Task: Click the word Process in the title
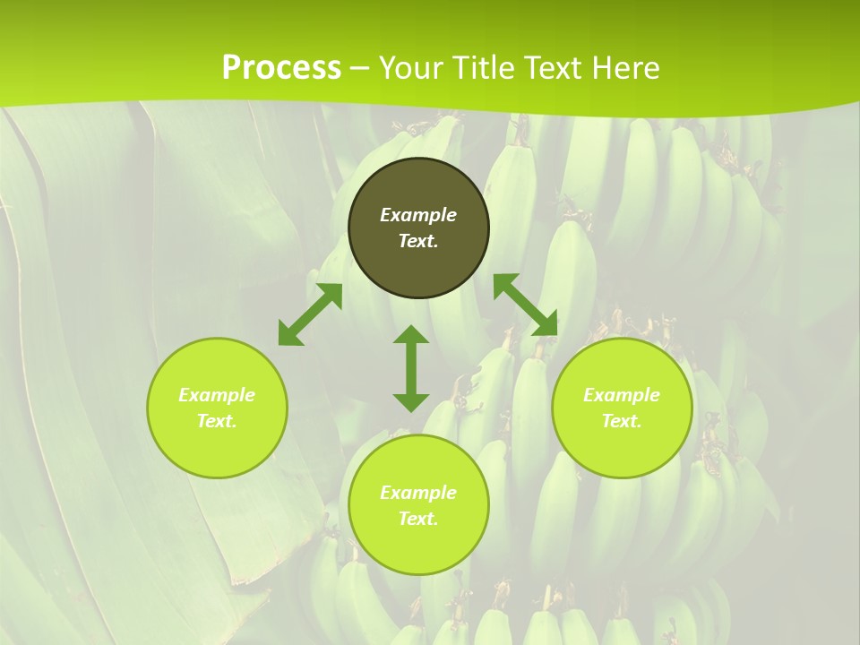[281, 67]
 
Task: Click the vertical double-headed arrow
[411, 369]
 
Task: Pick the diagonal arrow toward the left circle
[310, 314]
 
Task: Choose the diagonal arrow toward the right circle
[525, 305]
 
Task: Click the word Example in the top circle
[418, 215]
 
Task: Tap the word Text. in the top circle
[418, 241]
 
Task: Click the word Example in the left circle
[217, 395]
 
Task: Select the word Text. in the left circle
[217, 421]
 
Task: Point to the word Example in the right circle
[622, 395]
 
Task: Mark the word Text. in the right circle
[622, 421]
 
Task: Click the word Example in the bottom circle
[418, 493]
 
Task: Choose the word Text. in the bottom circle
[418, 519]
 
